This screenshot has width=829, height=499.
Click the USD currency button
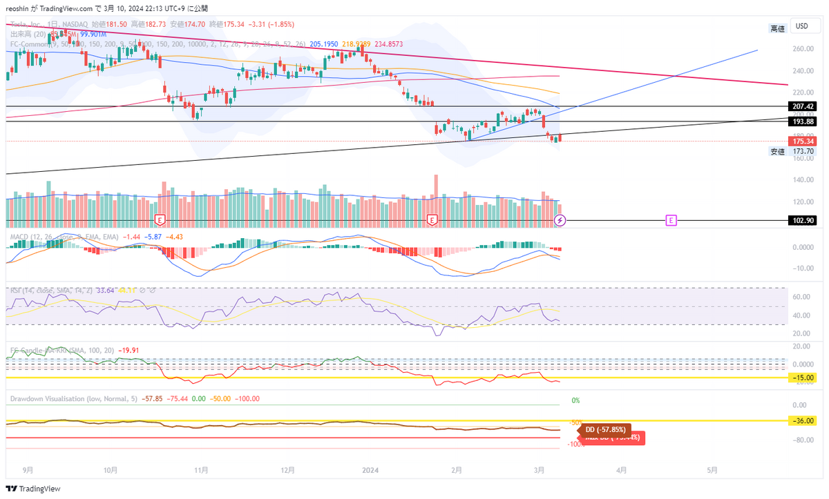(x=802, y=26)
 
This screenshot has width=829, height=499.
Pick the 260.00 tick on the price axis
(x=802, y=49)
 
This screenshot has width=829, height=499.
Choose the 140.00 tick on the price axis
(x=802, y=180)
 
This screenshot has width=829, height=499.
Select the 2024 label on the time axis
(x=371, y=471)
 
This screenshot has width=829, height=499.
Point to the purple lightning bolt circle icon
(x=560, y=220)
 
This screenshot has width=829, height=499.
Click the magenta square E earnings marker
(x=670, y=220)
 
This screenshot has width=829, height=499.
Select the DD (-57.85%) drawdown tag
(x=604, y=429)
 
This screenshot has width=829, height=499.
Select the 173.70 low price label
(x=801, y=151)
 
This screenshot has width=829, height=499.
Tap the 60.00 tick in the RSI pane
(x=802, y=297)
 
